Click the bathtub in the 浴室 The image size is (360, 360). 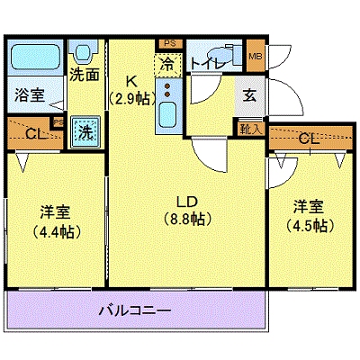pos(35,57)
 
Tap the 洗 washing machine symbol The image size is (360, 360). pos(85,132)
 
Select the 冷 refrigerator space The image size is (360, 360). pos(168,65)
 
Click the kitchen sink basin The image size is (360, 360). pos(167,114)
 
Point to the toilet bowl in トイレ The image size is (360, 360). pos(219,56)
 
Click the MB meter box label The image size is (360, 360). pos(256,56)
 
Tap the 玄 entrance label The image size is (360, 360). pos(249,95)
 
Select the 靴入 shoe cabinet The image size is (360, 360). pos(251,130)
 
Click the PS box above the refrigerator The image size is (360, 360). pos(170,44)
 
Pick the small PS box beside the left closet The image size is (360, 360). pos(58,122)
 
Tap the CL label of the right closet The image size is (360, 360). pos(310,139)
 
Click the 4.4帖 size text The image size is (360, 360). pos(56,231)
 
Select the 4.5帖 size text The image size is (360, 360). pos(310,226)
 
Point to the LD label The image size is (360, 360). pos(186,202)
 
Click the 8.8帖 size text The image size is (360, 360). pos(187,220)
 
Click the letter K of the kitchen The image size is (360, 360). pos(131,81)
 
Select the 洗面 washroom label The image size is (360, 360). pos(85,74)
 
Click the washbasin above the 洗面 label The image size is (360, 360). pos(83,52)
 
